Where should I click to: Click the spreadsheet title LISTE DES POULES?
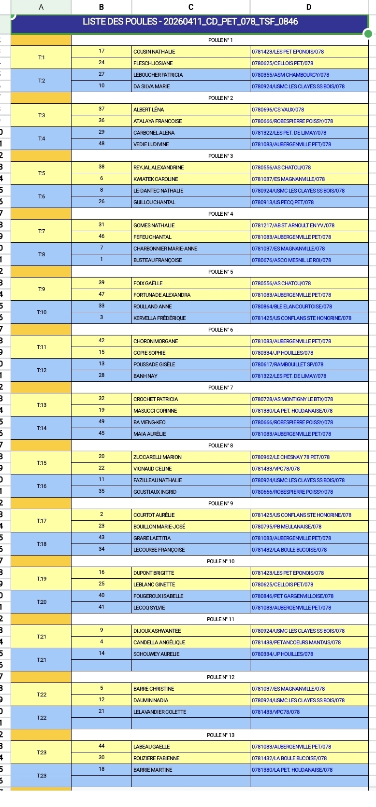point(190,22)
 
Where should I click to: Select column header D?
point(309,7)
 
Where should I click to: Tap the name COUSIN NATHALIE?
point(155,52)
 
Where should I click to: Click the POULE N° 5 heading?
point(220,272)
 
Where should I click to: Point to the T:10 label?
point(42,312)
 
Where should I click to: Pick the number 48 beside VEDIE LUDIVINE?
point(101,144)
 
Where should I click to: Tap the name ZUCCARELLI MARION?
point(158,457)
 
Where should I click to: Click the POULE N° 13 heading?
point(220,735)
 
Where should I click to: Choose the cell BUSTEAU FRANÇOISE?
point(158,260)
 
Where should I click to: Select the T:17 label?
point(42,521)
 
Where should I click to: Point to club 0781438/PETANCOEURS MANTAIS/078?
point(296,642)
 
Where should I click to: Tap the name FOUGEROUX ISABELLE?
point(159,596)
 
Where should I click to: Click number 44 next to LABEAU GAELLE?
point(101,746)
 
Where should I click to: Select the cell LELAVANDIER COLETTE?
point(159,712)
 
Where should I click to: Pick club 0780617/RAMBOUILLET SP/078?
point(288,364)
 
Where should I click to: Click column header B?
point(101,7)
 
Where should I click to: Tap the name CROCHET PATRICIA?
point(156,399)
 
